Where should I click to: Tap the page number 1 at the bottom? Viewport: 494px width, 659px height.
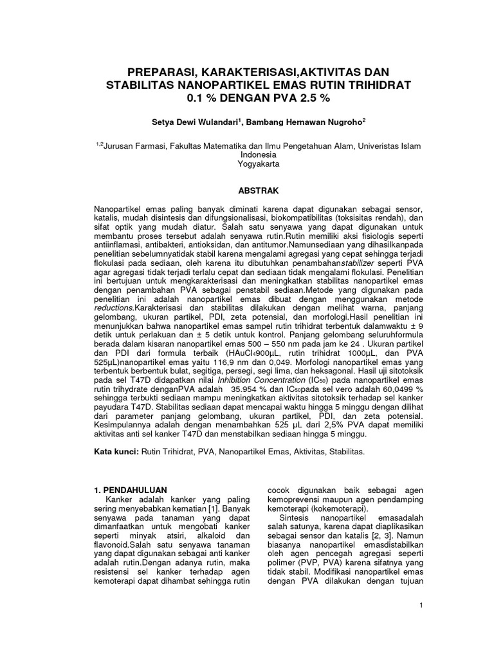click(x=419, y=605)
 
